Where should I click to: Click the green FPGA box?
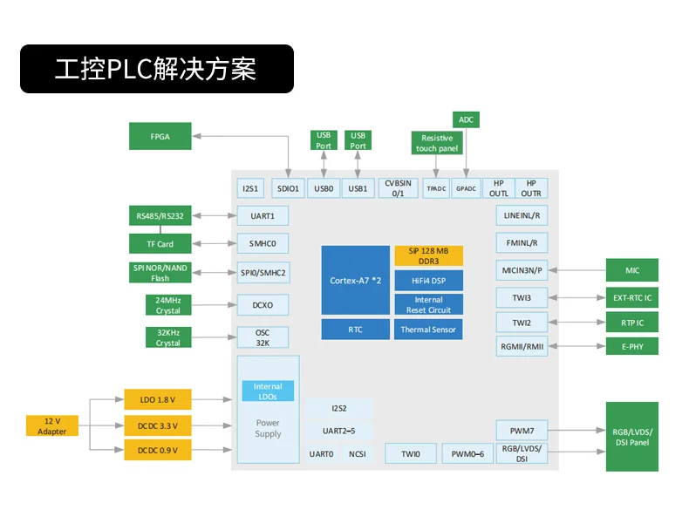[160, 136]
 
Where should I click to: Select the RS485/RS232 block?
[160, 215]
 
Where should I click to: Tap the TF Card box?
[160, 244]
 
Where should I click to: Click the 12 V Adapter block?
[51, 426]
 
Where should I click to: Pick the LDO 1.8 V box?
[157, 400]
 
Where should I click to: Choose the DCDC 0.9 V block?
[157, 450]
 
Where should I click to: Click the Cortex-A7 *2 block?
[355, 280]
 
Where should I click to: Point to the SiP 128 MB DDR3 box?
[428, 255]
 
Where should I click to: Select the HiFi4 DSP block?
[428, 281]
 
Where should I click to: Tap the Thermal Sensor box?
[428, 330]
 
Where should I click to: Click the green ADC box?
[466, 119]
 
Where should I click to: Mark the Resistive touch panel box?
[437, 143]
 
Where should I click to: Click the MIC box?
[632, 270]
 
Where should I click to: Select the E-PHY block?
[632, 346]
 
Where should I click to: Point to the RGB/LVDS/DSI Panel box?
[632, 437]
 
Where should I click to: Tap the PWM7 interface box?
[522, 430]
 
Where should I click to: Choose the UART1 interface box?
[263, 215]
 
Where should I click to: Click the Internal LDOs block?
[268, 391]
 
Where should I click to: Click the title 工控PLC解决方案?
[156, 69]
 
